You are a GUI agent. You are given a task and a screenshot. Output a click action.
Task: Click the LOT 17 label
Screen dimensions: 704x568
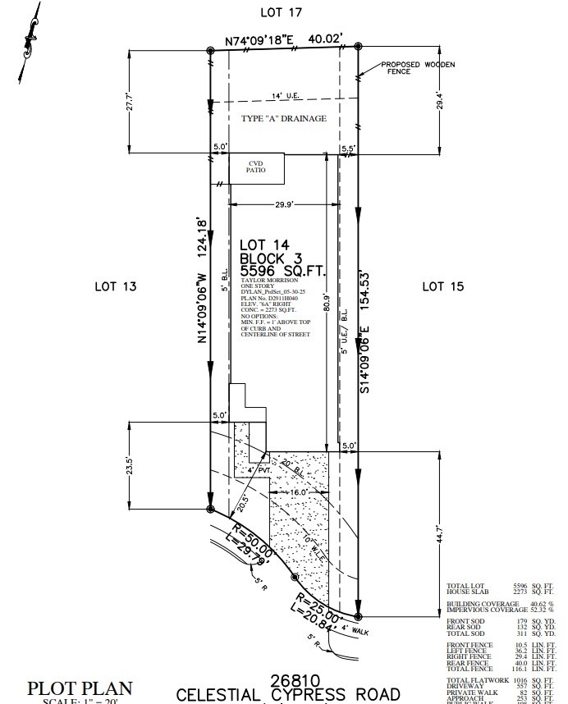[x=281, y=12]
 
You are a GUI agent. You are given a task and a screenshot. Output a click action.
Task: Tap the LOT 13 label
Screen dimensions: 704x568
[x=114, y=286]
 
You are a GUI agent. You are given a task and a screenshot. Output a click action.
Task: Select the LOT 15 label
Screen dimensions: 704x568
[x=442, y=286]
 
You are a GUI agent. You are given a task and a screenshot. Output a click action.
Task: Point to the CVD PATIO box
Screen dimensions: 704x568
[x=256, y=168]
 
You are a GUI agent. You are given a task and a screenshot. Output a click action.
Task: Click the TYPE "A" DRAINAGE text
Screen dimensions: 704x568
[x=283, y=119]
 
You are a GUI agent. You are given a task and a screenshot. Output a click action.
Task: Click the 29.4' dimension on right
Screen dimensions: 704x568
[x=441, y=100]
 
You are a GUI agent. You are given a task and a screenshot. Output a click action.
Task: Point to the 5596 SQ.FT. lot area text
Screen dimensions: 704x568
[x=282, y=270]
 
